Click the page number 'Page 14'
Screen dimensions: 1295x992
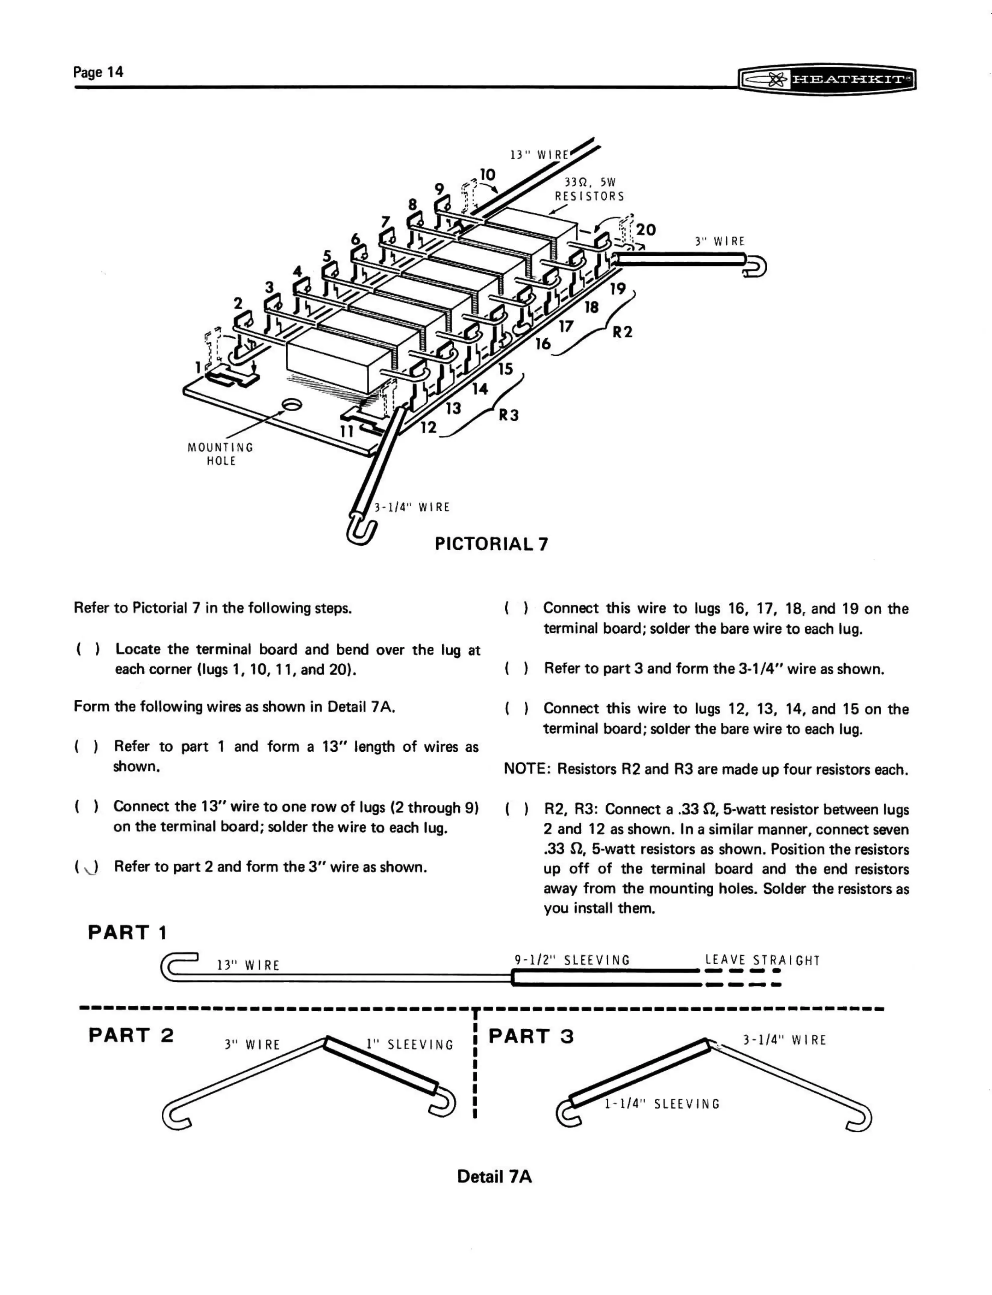coord(98,72)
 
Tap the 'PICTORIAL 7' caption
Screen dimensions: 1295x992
coord(491,544)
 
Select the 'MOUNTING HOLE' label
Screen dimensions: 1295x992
coord(220,454)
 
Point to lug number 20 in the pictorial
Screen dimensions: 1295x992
coord(645,229)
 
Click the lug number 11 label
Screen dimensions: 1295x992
coord(347,432)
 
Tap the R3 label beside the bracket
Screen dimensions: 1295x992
coord(508,415)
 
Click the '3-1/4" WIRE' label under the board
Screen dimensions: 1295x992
coord(412,507)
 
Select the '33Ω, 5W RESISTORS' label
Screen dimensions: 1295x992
coord(589,189)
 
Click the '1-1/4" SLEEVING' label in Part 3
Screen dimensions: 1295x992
coord(661,1103)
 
